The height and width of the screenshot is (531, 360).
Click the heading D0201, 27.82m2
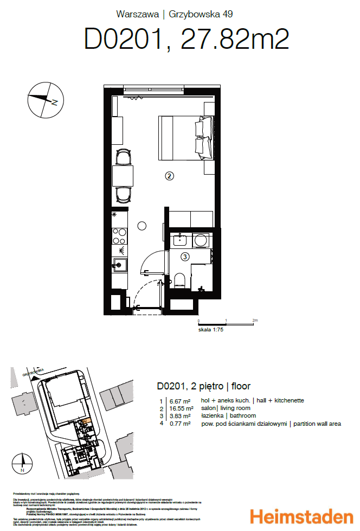pyautogui.click(x=186, y=40)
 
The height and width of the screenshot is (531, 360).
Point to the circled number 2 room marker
pyautogui.click(x=169, y=176)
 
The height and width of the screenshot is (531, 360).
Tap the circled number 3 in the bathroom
pyautogui.click(x=184, y=257)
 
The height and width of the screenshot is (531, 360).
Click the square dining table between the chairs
pyautogui.click(x=123, y=176)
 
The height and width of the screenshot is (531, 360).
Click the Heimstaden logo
pyautogui.click(x=300, y=515)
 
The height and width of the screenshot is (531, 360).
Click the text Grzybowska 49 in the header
pyautogui.click(x=201, y=14)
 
